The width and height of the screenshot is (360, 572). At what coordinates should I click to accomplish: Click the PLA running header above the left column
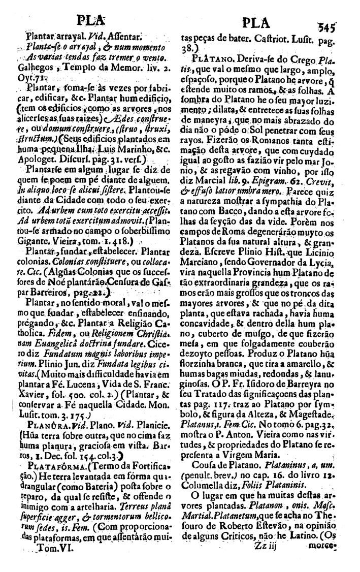pos(91,21)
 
